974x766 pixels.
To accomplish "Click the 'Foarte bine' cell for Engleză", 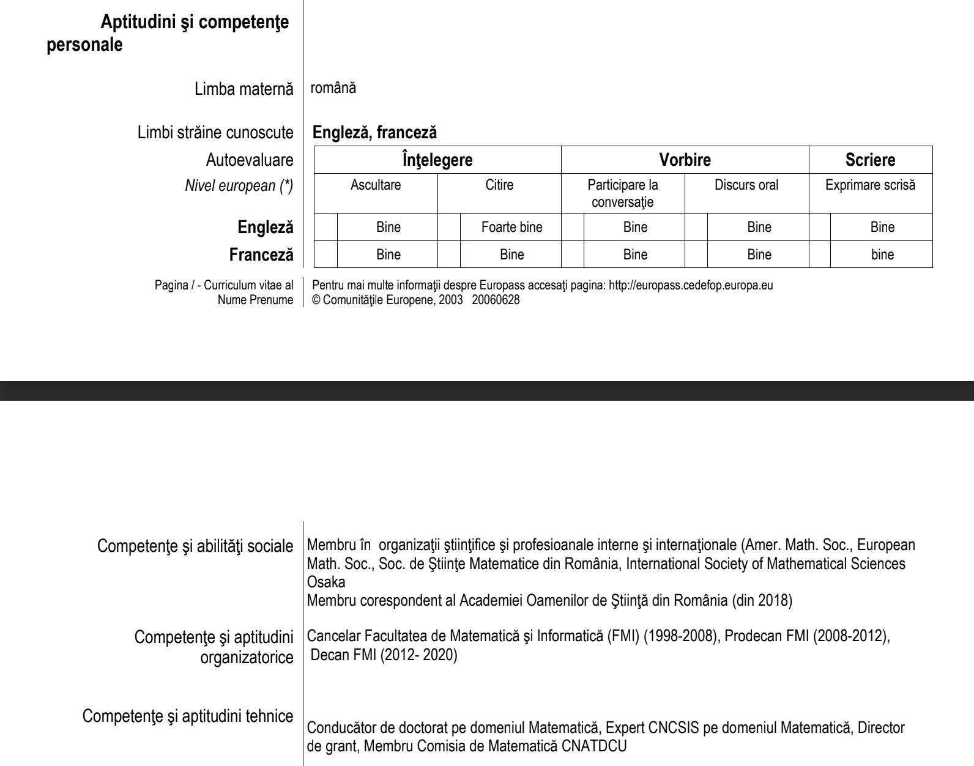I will pyautogui.click(x=511, y=228).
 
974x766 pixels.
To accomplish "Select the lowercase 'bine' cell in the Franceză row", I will pyautogui.click(x=882, y=255).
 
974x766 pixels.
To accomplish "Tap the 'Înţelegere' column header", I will pyautogui.click(x=437, y=160).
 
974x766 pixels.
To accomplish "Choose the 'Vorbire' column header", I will pyautogui.click(x=685, y=160).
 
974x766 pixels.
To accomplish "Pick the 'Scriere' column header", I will pyautogui.click(x=870, y=160).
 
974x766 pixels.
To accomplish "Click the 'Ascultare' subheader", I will pyautogui.click(x=376, y=185).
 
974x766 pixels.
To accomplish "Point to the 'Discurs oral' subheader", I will pyautogui.click(x=746, y=185).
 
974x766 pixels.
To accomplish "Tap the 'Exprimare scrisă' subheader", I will pyautogui.click(x=870, y=185).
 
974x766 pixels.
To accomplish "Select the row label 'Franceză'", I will pyautogui.click(x=261, y=255).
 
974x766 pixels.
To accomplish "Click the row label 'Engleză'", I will pyautogui.click(x=266, y=228).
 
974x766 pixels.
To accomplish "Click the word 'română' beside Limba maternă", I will pyautogui.click(x=333, y=88).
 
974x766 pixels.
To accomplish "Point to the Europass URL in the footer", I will pyautogui.click(x=690, y=285).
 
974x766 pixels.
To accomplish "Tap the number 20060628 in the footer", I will pyautogui.click(x=496, y=300).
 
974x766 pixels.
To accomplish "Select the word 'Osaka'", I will pyautogui.click(x=325, y=582).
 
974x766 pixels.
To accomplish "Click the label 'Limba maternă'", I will pyautogui.click(x=243, y=89).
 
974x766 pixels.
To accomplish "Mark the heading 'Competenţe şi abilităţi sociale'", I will pyautogui.click(x=195, y=546).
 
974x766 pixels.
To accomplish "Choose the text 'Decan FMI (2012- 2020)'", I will pyautogui.click(x=384, y=655).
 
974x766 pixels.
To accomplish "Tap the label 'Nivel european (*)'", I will pyautogui.click(x=239, y=186).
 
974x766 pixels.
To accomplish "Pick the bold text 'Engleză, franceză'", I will pyautogui.click(x=374, y=132).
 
